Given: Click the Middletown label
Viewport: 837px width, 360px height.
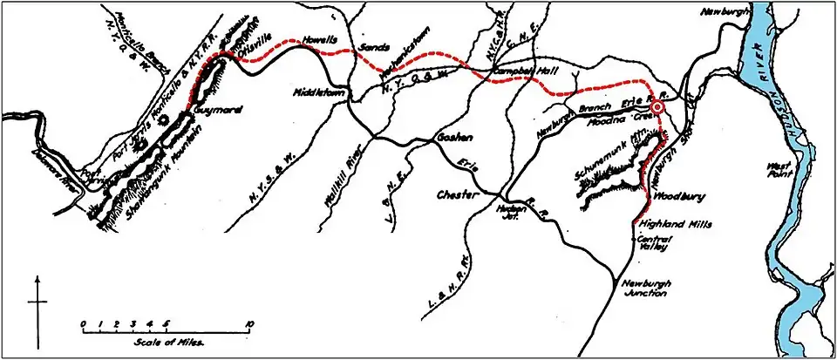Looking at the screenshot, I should click(316, 92).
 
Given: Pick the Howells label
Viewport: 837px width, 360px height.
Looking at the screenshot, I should click(318, 41).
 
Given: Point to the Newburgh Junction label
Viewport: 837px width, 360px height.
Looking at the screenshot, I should click(648, 289).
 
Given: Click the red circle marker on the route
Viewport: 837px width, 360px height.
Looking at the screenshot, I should click(659, 106).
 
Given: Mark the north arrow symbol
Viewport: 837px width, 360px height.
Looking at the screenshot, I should click(37, 301).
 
